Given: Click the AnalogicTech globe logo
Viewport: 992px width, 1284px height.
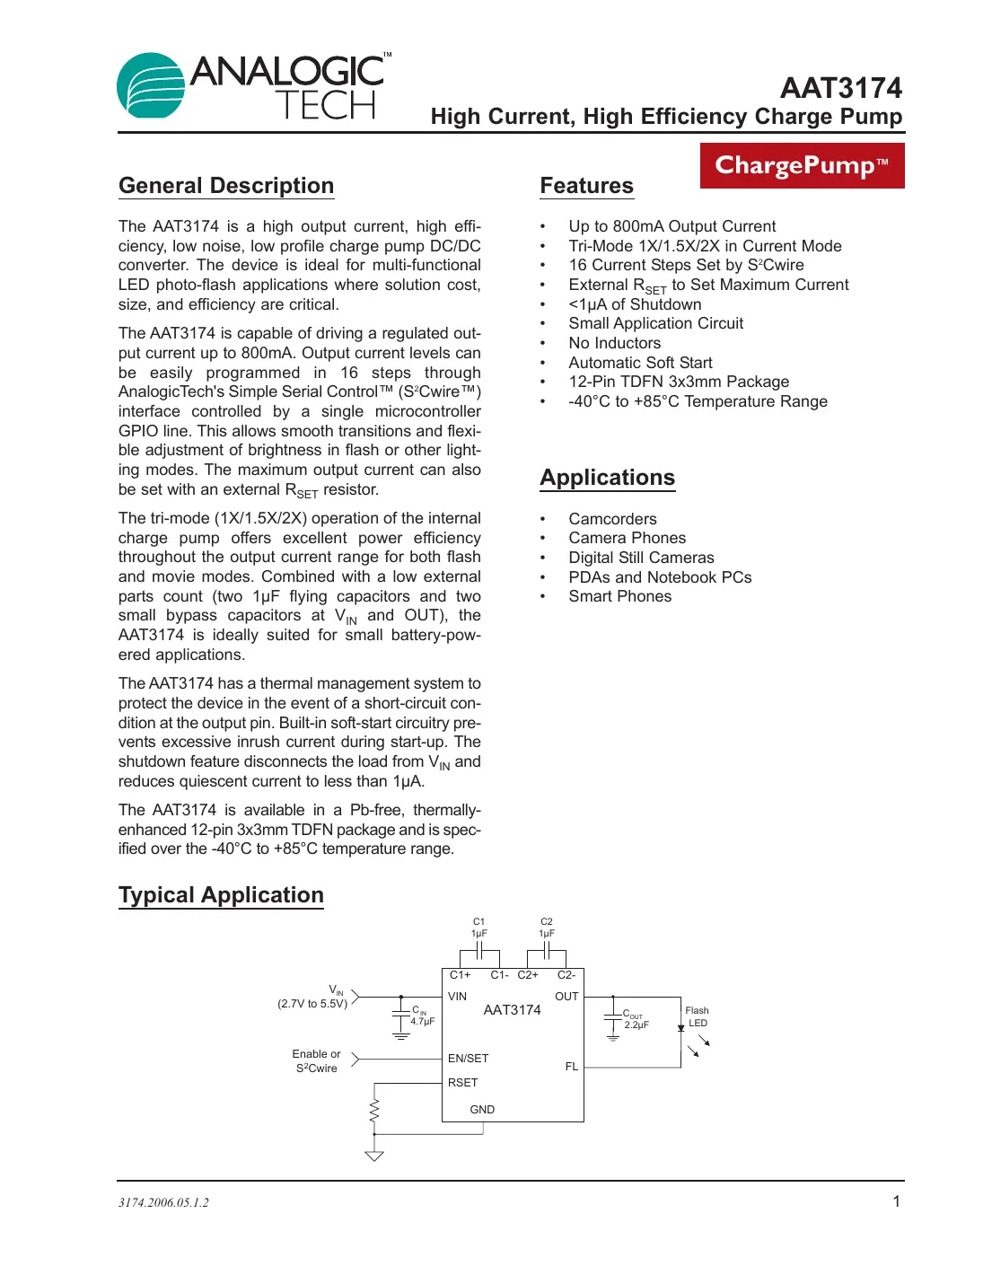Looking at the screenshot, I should (x=151, y=85).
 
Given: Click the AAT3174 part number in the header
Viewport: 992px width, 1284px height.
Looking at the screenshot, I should (x=840, y=88).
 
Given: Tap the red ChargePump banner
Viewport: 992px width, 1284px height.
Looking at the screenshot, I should (x=802, y=165).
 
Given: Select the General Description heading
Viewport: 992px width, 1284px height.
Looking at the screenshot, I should (x=226, y=186).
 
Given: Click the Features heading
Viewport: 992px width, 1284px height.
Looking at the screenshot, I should (x=586, y=186).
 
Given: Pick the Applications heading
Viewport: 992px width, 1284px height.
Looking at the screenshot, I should (x=607, y=478).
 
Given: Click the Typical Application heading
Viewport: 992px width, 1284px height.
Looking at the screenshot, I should (x=221, y=895).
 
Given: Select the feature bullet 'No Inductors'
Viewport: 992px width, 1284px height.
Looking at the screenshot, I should (x=614, y=343).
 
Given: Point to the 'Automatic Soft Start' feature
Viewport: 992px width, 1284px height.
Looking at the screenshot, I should (x=640, y=363).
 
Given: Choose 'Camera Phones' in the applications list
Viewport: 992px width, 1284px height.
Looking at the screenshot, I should (x=627, y=538).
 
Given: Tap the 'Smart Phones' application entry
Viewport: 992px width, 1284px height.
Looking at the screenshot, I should (x=619, y=596).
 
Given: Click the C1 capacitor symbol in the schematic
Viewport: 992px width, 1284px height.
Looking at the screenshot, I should (x=479, y=951).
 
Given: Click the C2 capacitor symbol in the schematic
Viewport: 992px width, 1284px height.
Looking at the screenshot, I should (x=547, y=951).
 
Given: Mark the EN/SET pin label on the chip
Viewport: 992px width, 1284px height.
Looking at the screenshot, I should (x=468, y=1059).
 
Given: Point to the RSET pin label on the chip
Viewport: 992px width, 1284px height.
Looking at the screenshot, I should (x=462, y=1083).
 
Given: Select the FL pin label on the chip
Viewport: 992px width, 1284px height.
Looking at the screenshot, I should (x=571, y=1067).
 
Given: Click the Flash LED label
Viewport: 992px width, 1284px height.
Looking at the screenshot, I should (x=698, y=1016).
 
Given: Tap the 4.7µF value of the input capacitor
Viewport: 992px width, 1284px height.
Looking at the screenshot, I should (x=423, y=1022).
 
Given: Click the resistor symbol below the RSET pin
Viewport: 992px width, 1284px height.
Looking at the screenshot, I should (x=374, y=1110).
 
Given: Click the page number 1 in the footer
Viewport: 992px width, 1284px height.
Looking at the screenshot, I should (x=896, y=1201).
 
